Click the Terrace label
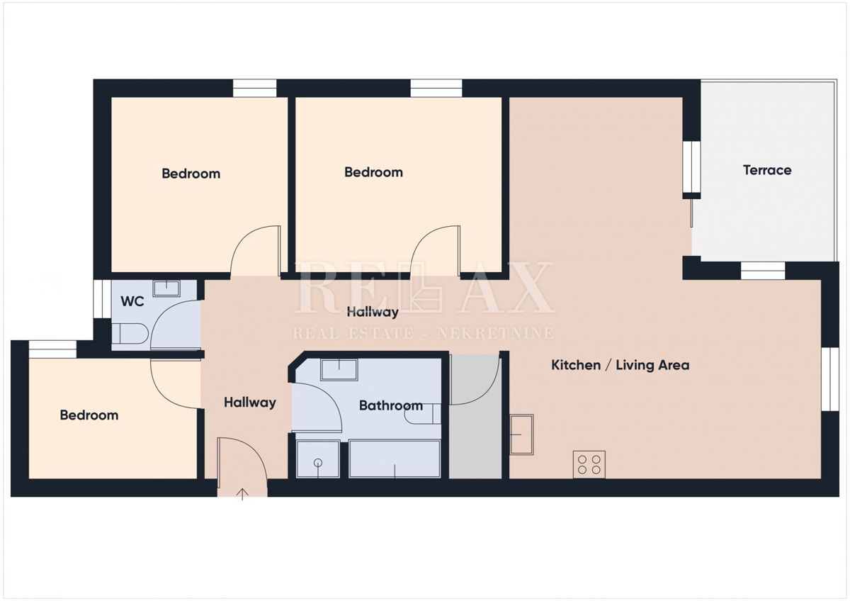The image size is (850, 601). (767, 170)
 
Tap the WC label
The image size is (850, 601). (132, 302)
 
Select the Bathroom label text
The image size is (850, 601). (390, 406)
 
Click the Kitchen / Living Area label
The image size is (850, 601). (620, 366)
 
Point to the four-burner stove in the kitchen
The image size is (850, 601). (589, 464)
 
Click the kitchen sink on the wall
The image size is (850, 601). (522, 434)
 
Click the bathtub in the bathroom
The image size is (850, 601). (395, 459)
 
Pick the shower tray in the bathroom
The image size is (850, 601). (318, 459)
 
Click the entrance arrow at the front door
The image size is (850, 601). (242, 493)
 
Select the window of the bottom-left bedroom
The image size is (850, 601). (52, 349)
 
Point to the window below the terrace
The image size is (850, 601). (763, 271)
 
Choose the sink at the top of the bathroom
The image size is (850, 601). (339, 369)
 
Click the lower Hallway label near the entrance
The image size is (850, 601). (250, 403)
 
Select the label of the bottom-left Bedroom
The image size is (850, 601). (89, 415)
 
